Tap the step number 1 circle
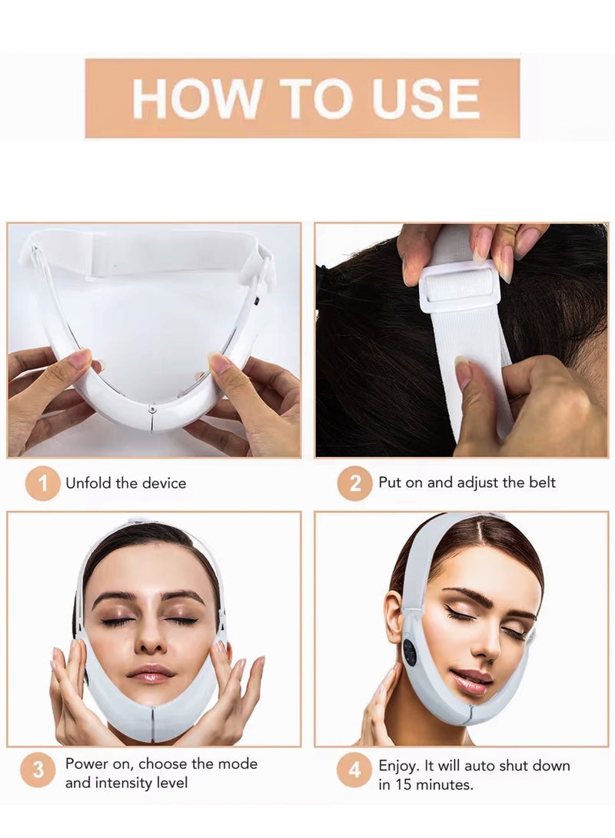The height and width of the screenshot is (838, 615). coord(42,484)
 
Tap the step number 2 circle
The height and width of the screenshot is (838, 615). coord(354,484)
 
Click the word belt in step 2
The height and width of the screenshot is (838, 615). coord(540,483)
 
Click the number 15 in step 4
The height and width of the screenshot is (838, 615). coord(403,785)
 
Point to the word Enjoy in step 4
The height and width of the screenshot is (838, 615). coord(398,766)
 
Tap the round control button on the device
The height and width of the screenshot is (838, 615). coord(409,653)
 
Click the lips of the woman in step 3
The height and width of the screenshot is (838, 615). coord(154,674)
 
